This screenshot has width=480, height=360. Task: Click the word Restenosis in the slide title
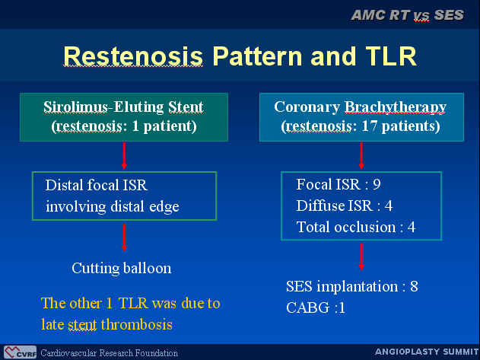click(133, 56)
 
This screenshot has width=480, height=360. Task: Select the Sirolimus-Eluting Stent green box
click(124, 117)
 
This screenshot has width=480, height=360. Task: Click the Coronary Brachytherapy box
click(361, 117)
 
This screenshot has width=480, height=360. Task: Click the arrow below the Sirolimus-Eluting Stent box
click(124, 155)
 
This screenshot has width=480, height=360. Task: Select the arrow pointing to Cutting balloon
click(124, 237)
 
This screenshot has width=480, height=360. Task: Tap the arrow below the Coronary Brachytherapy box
click(361, 155)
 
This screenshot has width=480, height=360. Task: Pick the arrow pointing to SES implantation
click(361, 256)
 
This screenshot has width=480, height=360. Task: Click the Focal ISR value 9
click(377, 184)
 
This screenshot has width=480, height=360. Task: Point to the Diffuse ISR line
click(345, 205)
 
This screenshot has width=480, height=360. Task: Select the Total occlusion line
click(356, 227)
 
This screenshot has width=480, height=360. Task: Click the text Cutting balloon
click(122, 269)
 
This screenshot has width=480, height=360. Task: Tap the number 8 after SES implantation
click(414, 286)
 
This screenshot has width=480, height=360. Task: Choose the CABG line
click(316, 307)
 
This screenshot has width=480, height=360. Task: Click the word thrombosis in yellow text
click(136, 324)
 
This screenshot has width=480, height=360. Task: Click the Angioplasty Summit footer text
click(427, 352)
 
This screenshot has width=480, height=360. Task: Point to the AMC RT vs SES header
click(408, 15)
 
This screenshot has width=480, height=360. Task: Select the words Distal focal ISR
click(97, 186)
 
